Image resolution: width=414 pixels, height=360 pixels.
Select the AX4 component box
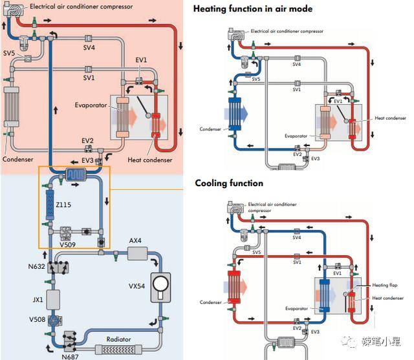tap(138, 253)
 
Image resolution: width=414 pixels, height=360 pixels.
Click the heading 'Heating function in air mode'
tap(252, 9)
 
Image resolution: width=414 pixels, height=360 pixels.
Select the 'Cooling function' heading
tap(229, 184)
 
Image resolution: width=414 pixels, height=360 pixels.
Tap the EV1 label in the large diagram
tap(141, 60)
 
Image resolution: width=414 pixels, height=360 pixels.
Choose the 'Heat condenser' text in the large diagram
tap(150, 160)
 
